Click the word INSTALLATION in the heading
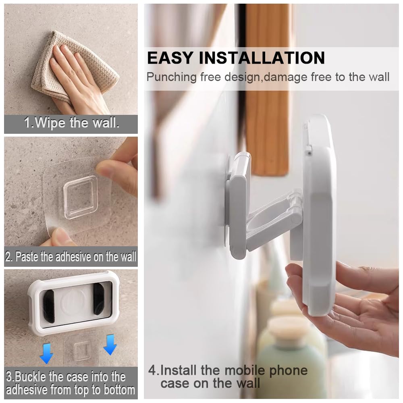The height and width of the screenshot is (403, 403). click(x=262, y=58)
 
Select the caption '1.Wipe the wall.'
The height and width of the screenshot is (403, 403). click(x=71, y=123)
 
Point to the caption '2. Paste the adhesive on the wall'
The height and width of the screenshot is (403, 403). click(x=71, y=257)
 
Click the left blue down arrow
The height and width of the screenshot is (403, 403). click(x=47, y=353)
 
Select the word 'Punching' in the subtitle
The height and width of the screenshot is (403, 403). click(x=172, y=77)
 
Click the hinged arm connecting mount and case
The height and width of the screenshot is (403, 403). click(x=274, y=220)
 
